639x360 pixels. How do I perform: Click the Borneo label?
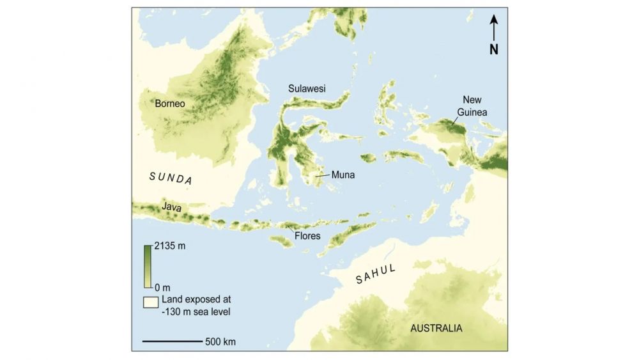click(x=169, y=103)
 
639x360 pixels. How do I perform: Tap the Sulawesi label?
click(x=307, y=89)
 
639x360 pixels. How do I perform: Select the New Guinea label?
click(x=472, y=106)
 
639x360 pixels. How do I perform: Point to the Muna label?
click(x=343, y=173)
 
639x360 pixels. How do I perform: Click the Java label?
click(x=171, y=207)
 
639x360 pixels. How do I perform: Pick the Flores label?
click(x=307, y=236)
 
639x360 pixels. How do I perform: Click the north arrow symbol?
click(x=494, y=28)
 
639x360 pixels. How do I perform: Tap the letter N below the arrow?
click(x=494, y=49)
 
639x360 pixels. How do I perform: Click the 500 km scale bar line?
click(x=171, y=341)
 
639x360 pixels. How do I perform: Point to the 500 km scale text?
click(x=220, y=341)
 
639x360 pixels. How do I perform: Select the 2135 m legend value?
click(x=169, y=246)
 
